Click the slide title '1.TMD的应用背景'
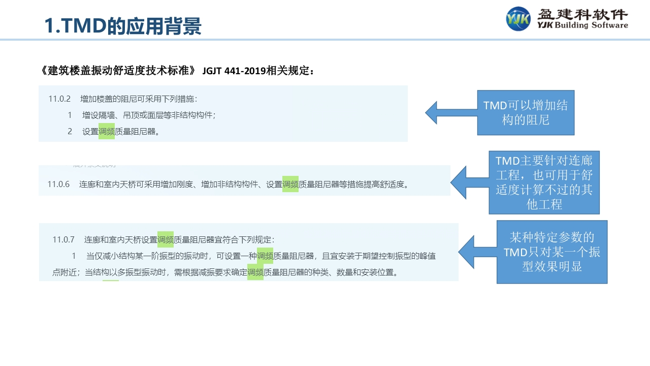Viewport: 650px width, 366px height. click(x=123, y=26)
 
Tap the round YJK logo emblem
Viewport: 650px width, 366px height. click(x=518, y=19)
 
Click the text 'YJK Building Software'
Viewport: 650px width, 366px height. click(x=582, y=25)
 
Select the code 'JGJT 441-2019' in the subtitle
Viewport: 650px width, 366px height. click(x=235, y=71)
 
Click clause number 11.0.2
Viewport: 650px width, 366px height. click(x=59, y=99)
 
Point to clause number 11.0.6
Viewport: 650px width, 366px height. click(x=58, y=184)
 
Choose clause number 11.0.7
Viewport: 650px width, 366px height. click(x=63, y=239)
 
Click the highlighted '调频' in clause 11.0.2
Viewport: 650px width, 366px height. click(x=107, y=131)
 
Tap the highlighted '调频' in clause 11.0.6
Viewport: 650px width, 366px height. click(x=290, y=184)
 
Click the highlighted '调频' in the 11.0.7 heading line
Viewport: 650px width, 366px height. click(x=166, y=239)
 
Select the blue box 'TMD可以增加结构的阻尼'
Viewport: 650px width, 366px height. click(x=526, y=113)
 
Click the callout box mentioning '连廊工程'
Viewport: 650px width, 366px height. click(x=544, y=182)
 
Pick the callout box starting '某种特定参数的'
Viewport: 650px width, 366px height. click(x=552, y=252)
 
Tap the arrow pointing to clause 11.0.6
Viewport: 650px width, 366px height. click(x=469, y=182)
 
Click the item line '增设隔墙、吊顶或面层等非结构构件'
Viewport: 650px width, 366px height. click(x=148, y=115)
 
